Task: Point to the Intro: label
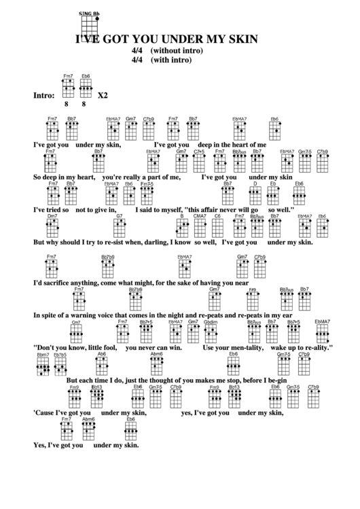43,95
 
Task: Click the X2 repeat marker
103,95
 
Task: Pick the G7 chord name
119,216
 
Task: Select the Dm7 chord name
52,216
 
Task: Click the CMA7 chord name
200,216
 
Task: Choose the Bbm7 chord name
43,354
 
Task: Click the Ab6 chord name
102,354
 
